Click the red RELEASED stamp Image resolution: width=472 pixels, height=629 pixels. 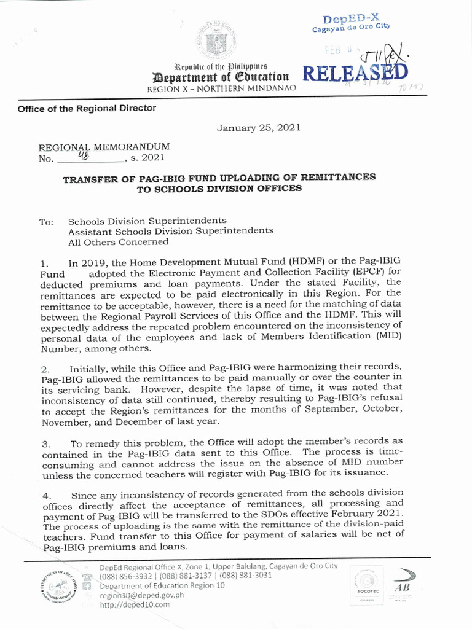coord(355,74)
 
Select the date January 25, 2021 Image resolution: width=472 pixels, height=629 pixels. coord(259,127)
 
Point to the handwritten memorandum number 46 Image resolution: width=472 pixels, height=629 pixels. coord(81,156)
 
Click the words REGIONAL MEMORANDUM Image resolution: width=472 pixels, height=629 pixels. coord(104,147)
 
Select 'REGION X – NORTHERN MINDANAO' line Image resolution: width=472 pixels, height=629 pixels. coord(222,88)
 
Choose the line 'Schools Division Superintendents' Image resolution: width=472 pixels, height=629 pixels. coord(147,221)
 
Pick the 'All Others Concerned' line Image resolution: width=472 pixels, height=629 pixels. coord(118,241)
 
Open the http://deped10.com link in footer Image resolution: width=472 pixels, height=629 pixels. coord(135,605)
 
